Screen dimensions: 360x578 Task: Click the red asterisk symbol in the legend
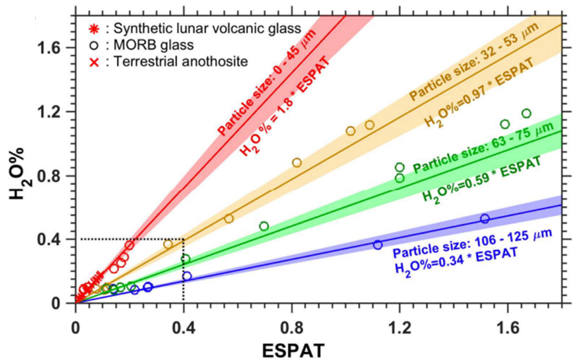(x=92, y=29)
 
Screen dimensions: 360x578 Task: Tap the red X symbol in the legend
(x=92, y=61)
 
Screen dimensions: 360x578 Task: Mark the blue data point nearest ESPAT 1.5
(x=484, y=218)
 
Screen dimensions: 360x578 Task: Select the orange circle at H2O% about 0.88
(x=297, y=163)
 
